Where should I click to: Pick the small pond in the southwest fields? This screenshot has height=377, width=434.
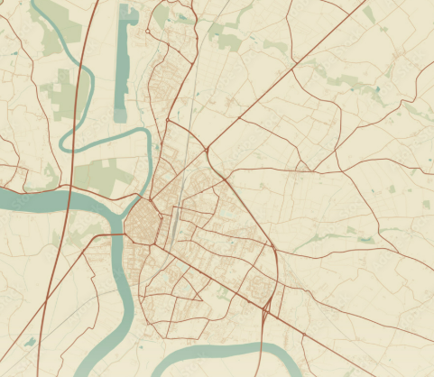coord(29,342)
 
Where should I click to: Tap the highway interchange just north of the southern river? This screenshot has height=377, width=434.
coord(263,309)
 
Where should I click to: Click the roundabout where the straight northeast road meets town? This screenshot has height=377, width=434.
coord(207,148)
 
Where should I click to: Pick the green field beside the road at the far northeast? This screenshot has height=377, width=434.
coord(369,14)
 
